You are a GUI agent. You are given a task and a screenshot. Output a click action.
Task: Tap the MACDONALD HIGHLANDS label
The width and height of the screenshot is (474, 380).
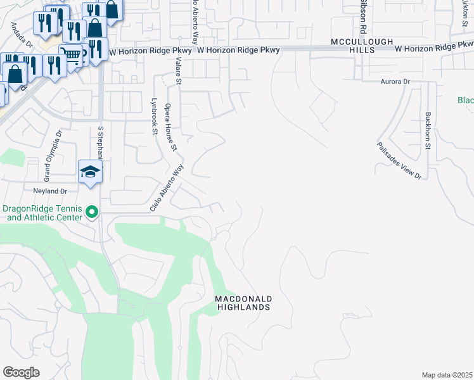click(x=243, y=303)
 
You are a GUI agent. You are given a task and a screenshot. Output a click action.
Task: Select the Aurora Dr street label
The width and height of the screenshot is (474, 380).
click(x=395, y=82)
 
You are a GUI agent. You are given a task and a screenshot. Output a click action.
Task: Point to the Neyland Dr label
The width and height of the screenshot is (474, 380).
click(x=46, y=191)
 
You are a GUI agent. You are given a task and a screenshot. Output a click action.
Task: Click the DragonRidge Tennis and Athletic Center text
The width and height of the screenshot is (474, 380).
click(x=43, y=213)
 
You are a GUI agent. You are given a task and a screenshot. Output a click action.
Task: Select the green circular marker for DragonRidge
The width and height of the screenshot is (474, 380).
click(x=93, y=212)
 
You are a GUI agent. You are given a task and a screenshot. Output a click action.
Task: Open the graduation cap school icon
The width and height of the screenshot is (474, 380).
click(x=90, y=171)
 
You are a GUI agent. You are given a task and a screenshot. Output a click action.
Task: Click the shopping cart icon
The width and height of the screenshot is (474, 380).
click(x=71, y=55)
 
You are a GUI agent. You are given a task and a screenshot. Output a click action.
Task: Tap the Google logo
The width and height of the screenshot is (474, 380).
click(x=22, y=372)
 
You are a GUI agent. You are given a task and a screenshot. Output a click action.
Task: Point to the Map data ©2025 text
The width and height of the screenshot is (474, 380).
click(x=447, y=374)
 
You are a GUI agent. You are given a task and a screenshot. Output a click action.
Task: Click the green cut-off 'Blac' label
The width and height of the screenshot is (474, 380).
click(x=466, y=101)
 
